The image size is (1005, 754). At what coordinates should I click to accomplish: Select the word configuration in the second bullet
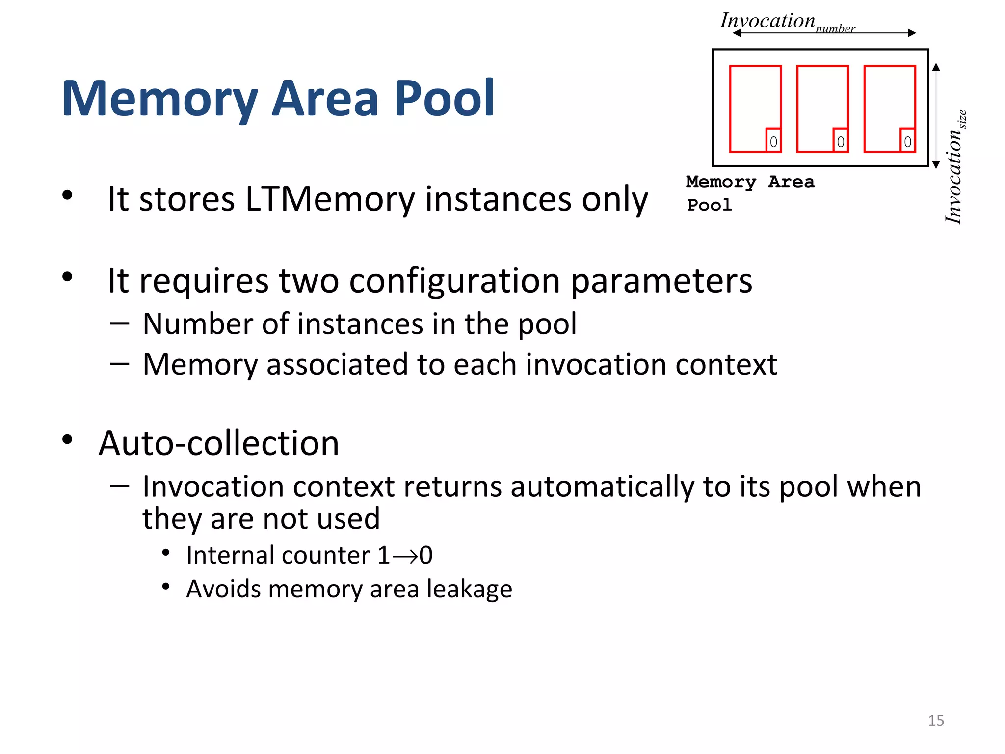tap(454, 281)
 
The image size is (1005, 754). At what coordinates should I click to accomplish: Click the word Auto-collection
tap(219, 443)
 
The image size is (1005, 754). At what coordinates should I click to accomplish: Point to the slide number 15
tap(936, 720)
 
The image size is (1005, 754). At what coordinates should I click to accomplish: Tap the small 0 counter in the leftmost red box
tap(773, 142)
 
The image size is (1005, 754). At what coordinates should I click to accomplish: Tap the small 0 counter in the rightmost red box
tap(907, 142)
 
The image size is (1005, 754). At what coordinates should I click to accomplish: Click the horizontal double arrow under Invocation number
tap(824, 33)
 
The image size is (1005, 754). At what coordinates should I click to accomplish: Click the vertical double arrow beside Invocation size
tap(936, 116)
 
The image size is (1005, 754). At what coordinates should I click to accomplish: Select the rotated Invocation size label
tap(954, 167)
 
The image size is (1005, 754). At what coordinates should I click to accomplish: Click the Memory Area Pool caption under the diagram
tap(750, 192)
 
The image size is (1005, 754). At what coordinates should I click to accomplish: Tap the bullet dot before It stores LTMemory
tap(67, 195)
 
